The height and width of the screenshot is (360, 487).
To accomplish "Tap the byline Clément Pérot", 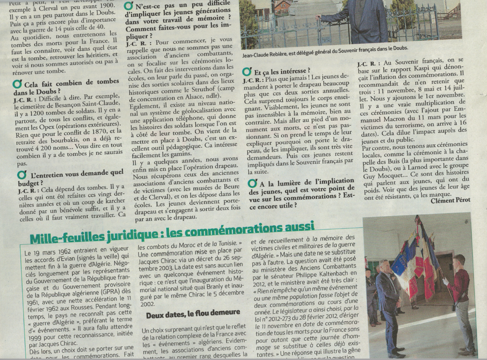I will coord(450,200).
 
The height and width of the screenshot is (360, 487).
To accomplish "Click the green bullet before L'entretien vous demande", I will coord(22,174).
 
